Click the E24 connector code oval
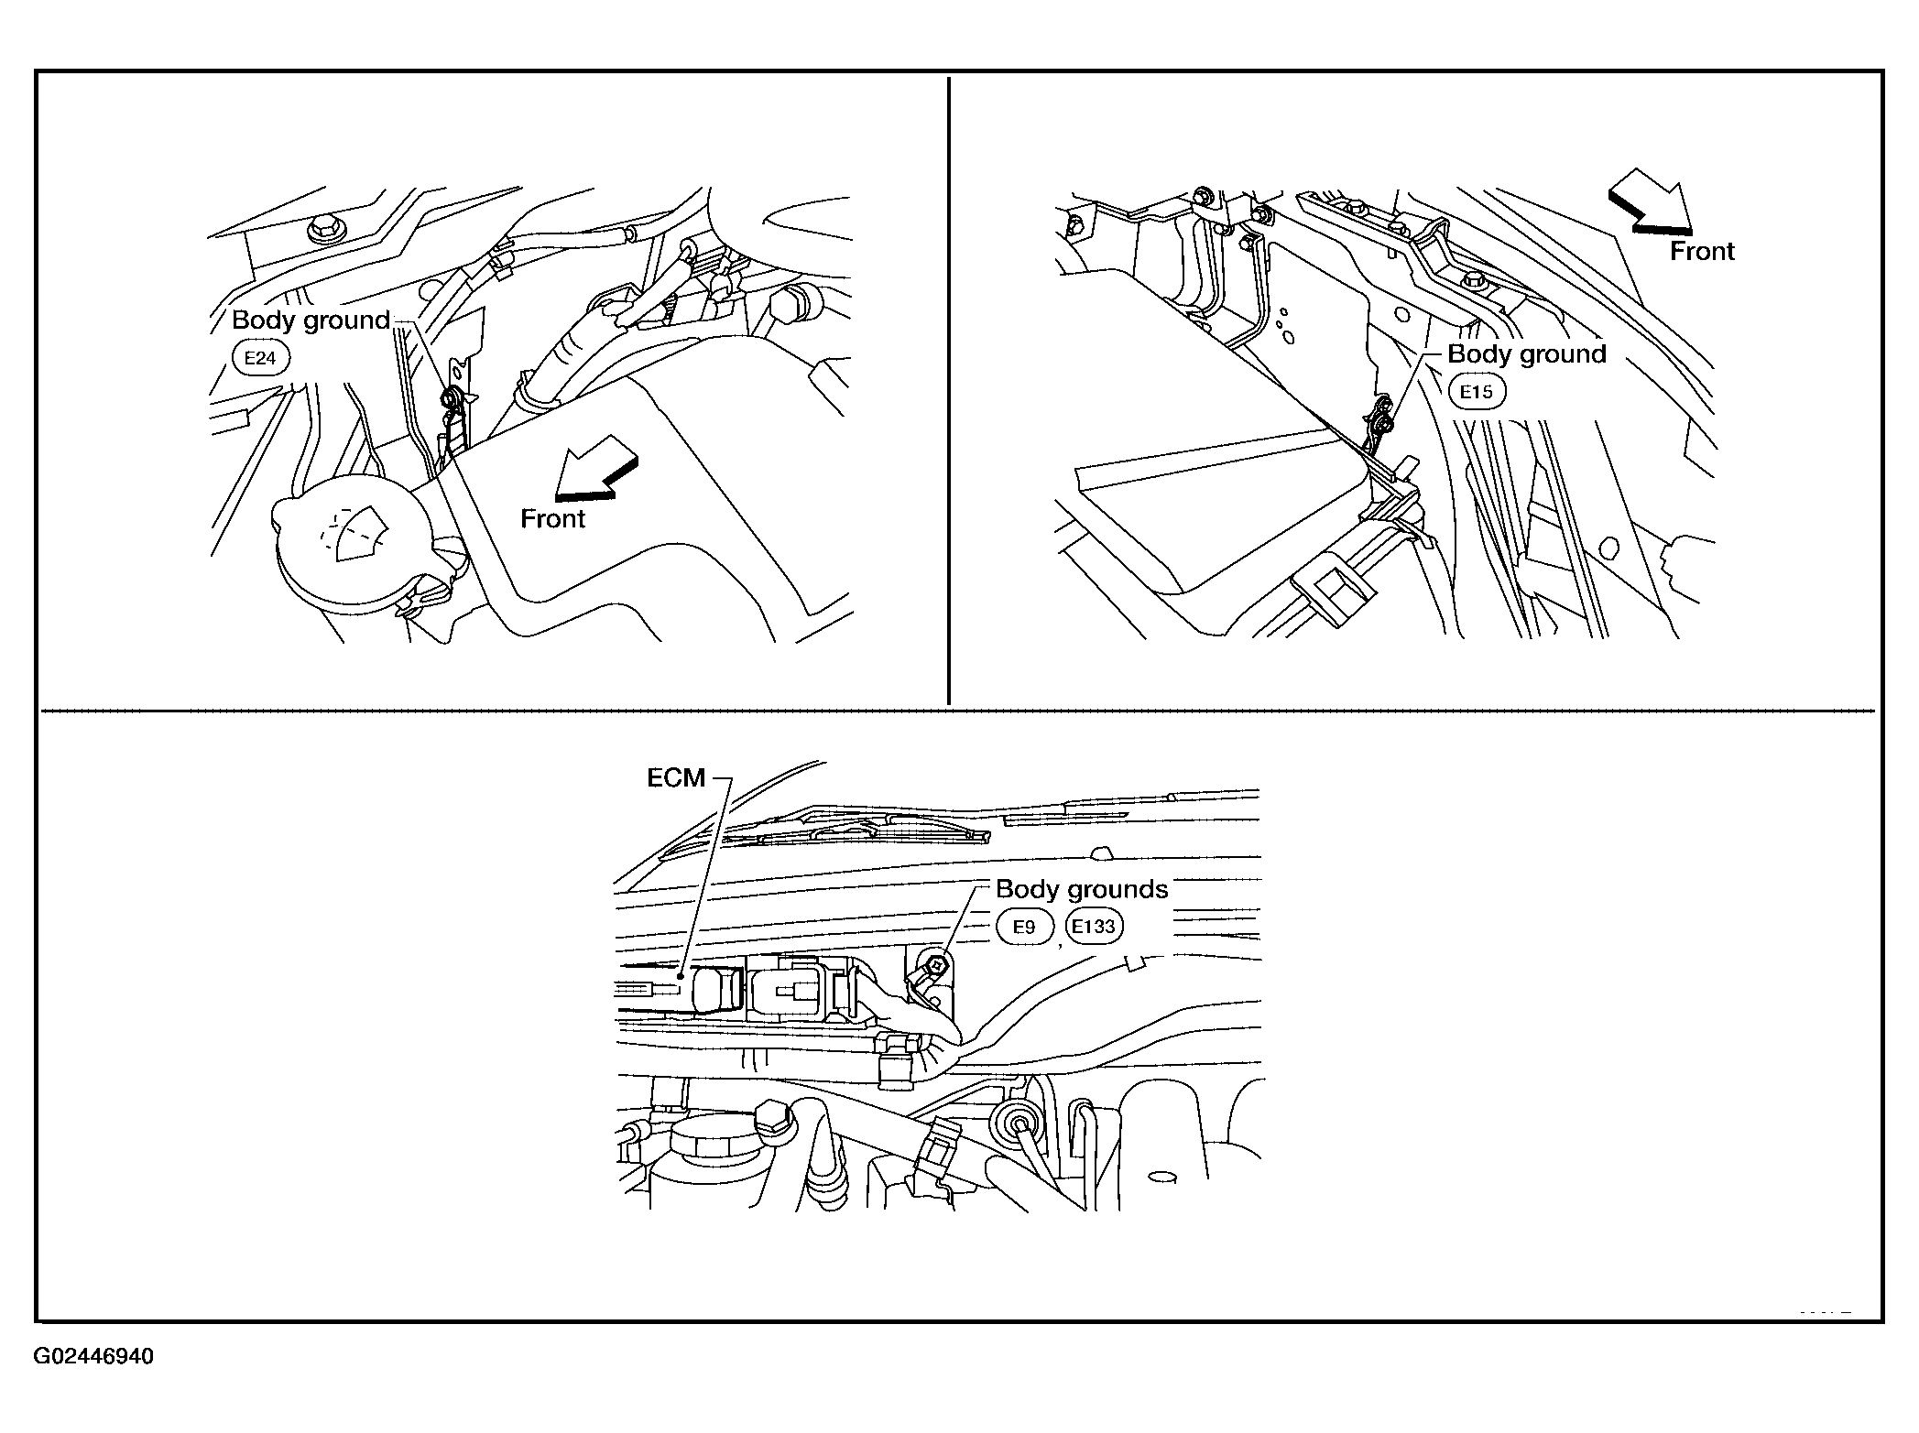click(x=260, y=357)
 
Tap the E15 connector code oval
click(x=1477, y=392)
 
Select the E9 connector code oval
click(x=1024, y=927)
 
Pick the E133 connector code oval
click(x=1094, y=926)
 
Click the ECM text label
click(x=676, y=777)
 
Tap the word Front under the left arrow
click(x=552, y=518)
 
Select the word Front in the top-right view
click(x=1702, y=251)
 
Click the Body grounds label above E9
click(x=1082, y=889)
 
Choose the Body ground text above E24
click(x=311, y=320)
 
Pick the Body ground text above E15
click(x=1527, y=354)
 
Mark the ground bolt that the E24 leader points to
click(x=450, y=398)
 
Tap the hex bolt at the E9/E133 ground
click(x=932, y=963)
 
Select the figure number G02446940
click(x=93, y=1356)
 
